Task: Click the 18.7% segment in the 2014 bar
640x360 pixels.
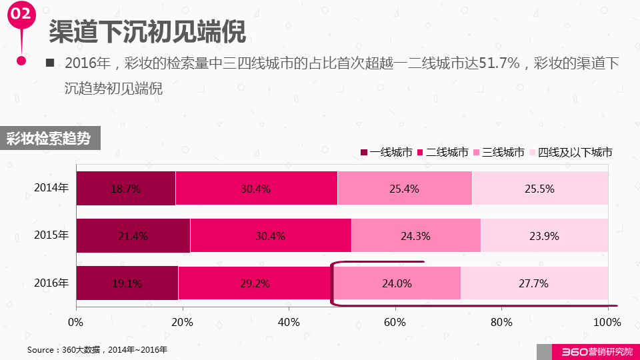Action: (125, 188)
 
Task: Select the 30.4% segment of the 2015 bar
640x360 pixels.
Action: (271, 235)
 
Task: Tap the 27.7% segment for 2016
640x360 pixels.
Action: (534, 283)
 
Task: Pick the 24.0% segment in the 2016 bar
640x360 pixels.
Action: (396, 283)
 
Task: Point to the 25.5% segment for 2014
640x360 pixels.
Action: (540, 188)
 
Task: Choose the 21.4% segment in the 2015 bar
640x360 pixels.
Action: (133, 235)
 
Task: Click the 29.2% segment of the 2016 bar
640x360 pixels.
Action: (255, 283)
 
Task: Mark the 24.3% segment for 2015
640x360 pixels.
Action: (415, 235)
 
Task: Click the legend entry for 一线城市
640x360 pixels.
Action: (386, 153)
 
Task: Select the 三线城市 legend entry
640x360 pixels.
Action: (498, 153)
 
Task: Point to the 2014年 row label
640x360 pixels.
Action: (51, 188)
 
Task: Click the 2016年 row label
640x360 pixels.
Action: (51, 283)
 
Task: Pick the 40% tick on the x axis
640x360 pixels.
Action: (289, 323)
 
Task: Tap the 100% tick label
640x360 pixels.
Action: (607, 323)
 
